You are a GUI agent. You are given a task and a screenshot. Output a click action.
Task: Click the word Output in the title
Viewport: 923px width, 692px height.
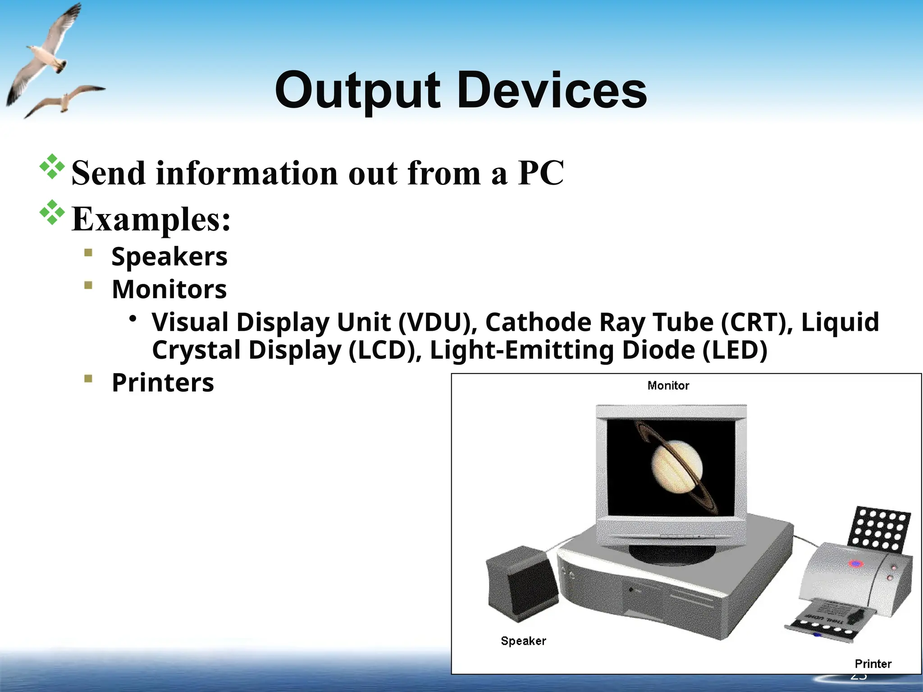(357, 91)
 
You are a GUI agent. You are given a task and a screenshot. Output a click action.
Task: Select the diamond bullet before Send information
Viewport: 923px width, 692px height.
(52, 167)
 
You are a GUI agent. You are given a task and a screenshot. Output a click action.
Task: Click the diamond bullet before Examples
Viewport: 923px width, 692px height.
(52, 212)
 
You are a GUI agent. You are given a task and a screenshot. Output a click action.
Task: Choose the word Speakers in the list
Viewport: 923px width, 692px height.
(169, 257)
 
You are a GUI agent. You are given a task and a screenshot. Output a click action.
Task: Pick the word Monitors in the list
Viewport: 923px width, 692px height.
(169, 289)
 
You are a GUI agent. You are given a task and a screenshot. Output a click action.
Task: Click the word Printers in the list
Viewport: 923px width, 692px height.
(163, 383)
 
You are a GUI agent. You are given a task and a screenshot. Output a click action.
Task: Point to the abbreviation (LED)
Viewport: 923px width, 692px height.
(735, 351)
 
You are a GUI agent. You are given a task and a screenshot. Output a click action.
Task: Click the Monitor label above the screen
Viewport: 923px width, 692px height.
(668, 386)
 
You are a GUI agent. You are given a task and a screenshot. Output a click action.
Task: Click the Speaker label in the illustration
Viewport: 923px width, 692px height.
(523, 641)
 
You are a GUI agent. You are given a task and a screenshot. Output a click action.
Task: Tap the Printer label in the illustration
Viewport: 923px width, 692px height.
(873, 664)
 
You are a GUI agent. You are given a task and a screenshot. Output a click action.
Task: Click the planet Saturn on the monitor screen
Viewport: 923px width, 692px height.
(676, 466)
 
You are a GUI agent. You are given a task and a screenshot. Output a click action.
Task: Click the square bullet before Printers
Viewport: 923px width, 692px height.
(88, 378)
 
